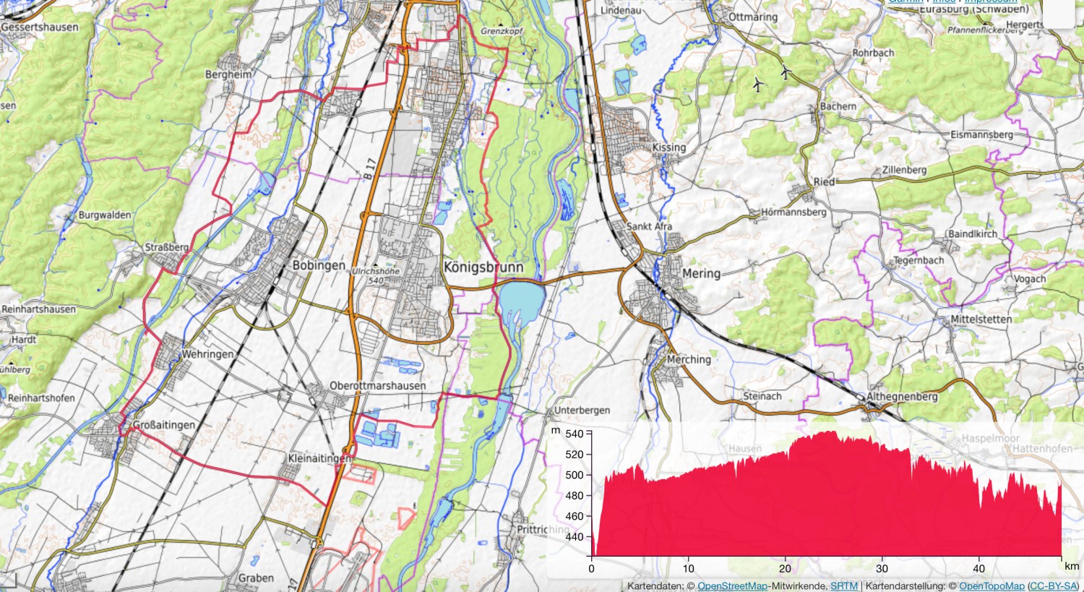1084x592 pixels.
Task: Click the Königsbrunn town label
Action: tap(483, 267)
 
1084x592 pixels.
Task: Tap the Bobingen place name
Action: tap(319, 265)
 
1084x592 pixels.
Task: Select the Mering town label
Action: tap(701, 273)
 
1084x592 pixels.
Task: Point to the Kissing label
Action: tap(668, 147)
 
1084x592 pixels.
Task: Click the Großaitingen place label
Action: tap(164, 425)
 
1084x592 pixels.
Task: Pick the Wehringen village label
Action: tap(207, 354)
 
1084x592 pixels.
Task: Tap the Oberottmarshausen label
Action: tap(377, 386)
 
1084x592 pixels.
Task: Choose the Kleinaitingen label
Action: tap(319, 458)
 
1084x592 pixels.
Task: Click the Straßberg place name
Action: tap(167, 247)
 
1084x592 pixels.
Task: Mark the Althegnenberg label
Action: tap(901, 397)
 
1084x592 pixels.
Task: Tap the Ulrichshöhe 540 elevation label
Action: tap(375, 275)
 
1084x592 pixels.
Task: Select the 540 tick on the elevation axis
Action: tap(574, 434)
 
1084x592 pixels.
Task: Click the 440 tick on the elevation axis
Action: tap(574, 537)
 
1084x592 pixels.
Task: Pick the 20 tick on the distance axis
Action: tap(785, 568)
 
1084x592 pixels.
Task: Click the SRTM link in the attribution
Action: tap(843, 586)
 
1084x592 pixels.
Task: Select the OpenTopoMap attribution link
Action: tap(991, 586)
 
